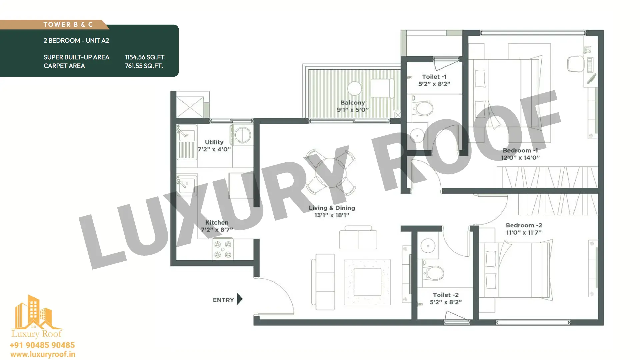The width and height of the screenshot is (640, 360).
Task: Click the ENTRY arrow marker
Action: (x=240, y=299)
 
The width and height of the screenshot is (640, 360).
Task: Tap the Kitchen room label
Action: (x=217, y=223)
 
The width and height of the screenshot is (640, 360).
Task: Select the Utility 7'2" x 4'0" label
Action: (x=214, y=146)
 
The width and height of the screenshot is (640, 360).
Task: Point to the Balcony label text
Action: (x=353, y=103)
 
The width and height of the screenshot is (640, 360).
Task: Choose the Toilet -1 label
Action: (x=434, y=77)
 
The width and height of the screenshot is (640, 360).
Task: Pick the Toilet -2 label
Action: (x=446, y=295)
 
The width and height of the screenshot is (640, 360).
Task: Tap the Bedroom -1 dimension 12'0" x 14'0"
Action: (x=520, y=158)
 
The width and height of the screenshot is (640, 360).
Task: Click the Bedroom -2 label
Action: (x=524, y=225)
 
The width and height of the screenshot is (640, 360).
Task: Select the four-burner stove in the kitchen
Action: (x=223, y=249)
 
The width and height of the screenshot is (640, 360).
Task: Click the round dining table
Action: (x=330, y=173)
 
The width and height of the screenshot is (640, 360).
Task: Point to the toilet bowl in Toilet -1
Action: (x=423, y=108)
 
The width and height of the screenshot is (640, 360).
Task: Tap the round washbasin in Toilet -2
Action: (x=428, y=246)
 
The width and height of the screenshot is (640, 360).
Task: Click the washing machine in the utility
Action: (x=242, y=135)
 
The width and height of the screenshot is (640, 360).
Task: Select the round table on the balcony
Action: (x=354, y=88)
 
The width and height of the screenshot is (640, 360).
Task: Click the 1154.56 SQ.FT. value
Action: (x=145, y=57)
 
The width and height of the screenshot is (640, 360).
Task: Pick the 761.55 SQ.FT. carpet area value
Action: (x=144, y=66)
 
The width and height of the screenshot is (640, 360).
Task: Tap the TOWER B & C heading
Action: (x=68, y=25)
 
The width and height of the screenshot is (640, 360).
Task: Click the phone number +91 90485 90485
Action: (x=42, y=345)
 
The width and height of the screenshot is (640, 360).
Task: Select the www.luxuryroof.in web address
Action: (x=43, y=355)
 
